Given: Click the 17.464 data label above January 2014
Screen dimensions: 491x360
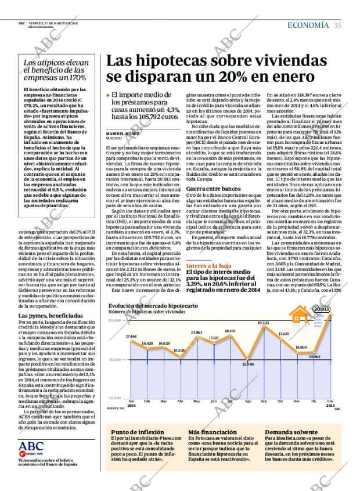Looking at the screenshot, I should [x=131, y=336].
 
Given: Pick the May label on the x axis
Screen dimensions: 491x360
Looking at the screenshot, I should [x=196, y=401].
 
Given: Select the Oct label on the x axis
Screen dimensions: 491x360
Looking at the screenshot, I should [x=280, y=401].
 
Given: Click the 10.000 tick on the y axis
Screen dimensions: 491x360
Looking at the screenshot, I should [x=115, y=398].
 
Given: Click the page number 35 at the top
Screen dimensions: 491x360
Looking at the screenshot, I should [x=337, y=24].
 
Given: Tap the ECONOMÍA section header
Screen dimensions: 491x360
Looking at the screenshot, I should [x=308, y=24].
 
